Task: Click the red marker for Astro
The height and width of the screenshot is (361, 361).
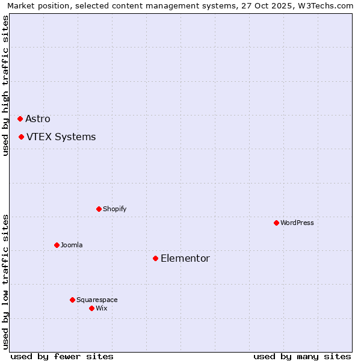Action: coord(20,119)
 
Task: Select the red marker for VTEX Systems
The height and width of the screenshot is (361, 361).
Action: coord(21,137)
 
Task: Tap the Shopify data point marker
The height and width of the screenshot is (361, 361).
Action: coord(99,209)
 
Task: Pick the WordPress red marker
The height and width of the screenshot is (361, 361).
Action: coord(276,223)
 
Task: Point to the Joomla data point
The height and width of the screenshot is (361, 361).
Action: coord(57,245)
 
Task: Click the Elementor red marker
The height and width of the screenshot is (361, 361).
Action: coord(155,258)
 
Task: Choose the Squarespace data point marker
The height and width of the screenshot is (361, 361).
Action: coord(72,300)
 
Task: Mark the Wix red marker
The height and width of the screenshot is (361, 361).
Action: coord(91,308)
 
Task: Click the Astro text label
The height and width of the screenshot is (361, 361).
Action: coord(38,119)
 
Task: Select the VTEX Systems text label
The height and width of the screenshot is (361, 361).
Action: coord(61,137)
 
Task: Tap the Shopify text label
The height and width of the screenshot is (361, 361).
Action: coord(114,209)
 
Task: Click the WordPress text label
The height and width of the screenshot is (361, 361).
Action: coord(297,223)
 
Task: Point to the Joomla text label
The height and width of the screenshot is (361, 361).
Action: coord(72,245)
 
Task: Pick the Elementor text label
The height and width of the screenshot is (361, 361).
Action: coord(185,258)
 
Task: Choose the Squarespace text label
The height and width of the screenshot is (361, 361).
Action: coord(97,300)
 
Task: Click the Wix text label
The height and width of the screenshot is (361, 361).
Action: coord(101,308)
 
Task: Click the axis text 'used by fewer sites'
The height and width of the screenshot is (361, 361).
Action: coord(62,356)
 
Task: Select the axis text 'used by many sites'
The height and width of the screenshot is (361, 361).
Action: coord(302,356)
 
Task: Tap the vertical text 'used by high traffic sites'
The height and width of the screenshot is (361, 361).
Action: coord(6,85)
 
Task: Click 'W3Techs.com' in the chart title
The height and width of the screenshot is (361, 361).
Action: coord(325,5)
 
